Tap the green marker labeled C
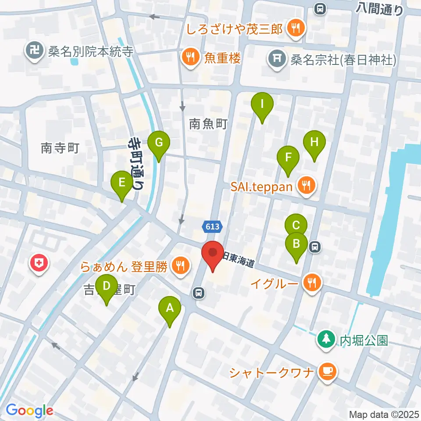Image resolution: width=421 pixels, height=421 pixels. tap(296, 226)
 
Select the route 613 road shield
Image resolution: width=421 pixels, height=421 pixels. tap(213, 227)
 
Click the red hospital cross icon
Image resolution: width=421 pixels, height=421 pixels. tap(39, 264)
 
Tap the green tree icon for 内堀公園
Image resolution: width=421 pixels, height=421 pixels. tap(326, 339)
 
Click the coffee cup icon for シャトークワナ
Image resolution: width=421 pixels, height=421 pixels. tap(328, 372)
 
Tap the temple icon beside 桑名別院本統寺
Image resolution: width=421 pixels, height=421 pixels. tap(34, 51)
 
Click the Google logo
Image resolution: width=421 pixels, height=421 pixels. tap(29, 410)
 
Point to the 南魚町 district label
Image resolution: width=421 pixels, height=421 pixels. tap(208, 124)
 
